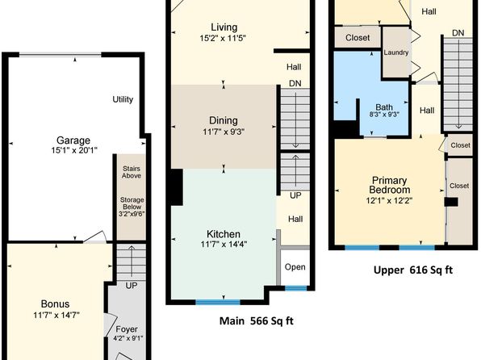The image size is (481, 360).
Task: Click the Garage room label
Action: click(73, 140)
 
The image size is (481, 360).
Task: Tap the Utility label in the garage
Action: click(123, 99)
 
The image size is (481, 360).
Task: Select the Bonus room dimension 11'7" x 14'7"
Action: click(56, 315)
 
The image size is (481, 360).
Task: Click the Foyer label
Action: click(127, 329)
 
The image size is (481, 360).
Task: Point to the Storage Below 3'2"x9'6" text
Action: click(132, 207)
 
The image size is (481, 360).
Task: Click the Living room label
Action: click(224, 27)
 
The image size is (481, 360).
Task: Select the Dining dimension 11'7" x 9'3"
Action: click(224, 132)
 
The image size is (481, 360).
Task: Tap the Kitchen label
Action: click(224, 234)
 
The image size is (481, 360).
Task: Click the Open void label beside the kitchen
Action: click(295, 267)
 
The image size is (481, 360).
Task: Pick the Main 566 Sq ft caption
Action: click(257, 321)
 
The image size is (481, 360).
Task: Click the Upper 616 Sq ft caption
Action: click(413, 270)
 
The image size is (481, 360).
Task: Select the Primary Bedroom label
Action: click(389, 185)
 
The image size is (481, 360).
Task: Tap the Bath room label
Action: click(384, 107)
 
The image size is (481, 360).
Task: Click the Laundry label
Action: click(396, 52)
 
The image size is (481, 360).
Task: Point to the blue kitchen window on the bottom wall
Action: click(217, 303)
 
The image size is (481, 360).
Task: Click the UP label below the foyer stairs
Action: click(132, 286)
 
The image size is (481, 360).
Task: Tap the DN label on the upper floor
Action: click(458, 33)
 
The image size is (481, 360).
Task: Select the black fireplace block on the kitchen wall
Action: click(177, 187)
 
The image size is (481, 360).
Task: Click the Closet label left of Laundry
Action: click(358, 38)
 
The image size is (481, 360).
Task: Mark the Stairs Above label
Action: click(132, 172)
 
